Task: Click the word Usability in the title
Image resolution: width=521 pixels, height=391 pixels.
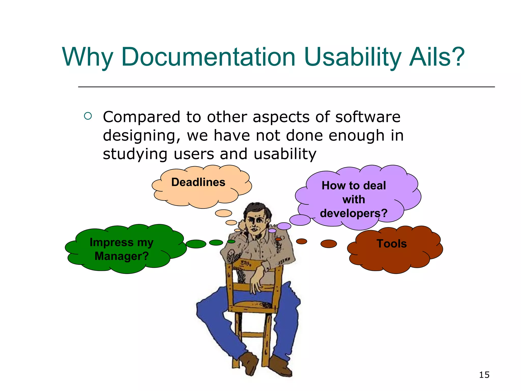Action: (352, 57)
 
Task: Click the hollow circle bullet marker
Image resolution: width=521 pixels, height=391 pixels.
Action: (88, 116)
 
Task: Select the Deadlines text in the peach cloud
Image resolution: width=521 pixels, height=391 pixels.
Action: (198, 182)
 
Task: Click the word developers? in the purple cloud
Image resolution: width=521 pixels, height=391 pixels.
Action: (353, 213)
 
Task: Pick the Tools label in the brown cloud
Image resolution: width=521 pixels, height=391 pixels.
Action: (392, 244)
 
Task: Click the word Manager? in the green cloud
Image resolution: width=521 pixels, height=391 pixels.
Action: (122, 256)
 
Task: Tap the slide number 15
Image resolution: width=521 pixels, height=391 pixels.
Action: (484, 375)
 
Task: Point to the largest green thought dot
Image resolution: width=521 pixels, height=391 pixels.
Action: (196, 244)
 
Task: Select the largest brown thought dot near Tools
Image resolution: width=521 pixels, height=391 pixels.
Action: (328, 244)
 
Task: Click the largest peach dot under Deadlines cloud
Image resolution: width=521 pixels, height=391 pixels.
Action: (223, 213)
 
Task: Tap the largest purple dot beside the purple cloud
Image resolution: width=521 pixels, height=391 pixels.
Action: (300, 220)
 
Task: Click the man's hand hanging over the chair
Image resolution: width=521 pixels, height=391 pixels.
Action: (256, 284)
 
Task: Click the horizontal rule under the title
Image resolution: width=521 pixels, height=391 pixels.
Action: (286, 87)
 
